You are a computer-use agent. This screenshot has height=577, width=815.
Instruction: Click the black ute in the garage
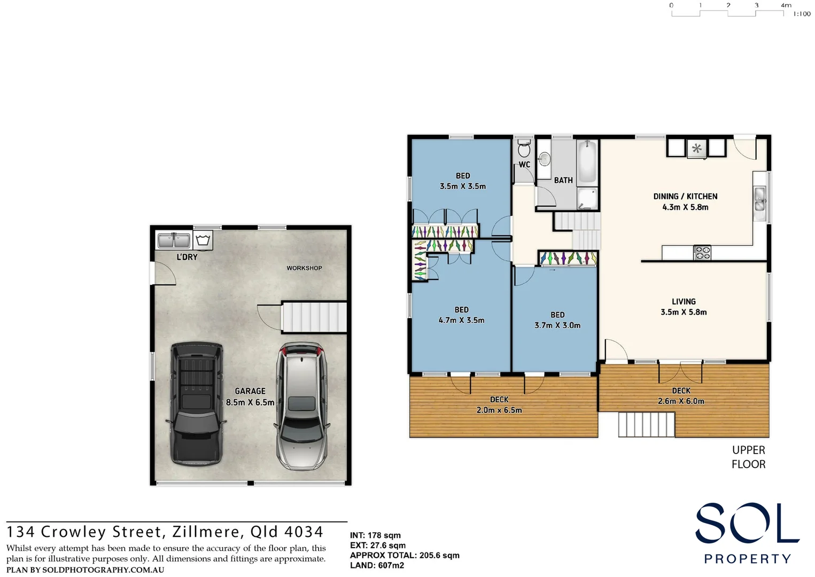coord(196,403)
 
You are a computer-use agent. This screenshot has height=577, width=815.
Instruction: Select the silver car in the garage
coord(301,406)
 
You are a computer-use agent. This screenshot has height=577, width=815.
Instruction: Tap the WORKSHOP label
coord(304,268)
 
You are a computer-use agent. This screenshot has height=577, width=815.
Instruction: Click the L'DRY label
coord(187,257)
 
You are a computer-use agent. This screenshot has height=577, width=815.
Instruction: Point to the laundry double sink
coord(174,240)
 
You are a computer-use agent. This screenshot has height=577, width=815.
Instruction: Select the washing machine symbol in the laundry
coord(203,240)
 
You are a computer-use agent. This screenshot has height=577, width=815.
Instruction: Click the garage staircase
coord(314,317)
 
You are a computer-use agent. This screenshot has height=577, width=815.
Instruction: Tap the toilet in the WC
coord(524,147)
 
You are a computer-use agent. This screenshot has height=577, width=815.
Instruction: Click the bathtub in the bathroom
coord(587,162)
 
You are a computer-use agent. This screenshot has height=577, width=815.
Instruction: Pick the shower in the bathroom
coord(588,198)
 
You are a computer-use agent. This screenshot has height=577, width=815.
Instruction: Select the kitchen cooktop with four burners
coord(702,253)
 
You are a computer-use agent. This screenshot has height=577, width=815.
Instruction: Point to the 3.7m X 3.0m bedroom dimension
coord(557,325)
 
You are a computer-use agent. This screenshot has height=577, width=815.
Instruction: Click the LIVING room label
coord(684,301)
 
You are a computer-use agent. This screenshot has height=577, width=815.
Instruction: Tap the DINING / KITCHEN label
coord(685,196)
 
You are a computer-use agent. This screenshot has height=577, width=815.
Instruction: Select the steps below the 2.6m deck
coord(646,425)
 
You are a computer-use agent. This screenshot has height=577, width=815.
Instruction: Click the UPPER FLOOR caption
coord(748,457)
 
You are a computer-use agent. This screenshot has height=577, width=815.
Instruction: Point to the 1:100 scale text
coord(802,14)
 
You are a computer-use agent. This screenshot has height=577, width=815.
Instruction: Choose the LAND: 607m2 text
coord(377,565)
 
